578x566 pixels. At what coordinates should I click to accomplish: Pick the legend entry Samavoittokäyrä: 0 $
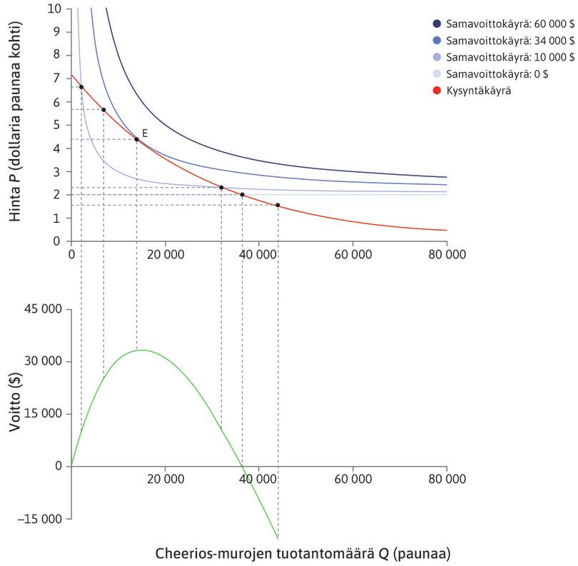coord(500,74)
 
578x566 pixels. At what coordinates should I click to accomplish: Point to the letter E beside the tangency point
coord(145,133)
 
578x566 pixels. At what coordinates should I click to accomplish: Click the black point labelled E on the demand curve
coord(136,139)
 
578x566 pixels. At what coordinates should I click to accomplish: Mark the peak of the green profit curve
coord(143,350)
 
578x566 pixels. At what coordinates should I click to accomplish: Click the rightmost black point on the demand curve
coord(278,206)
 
